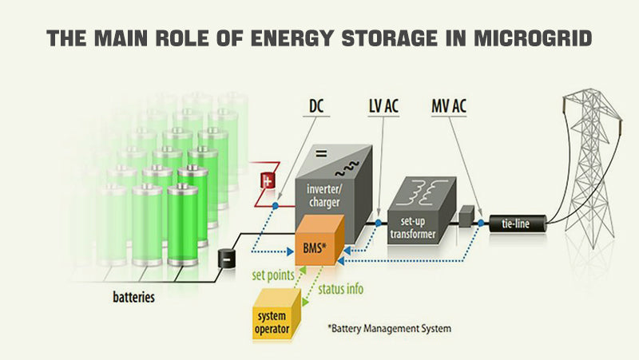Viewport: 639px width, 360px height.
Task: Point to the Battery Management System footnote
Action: [x=389, y=327]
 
